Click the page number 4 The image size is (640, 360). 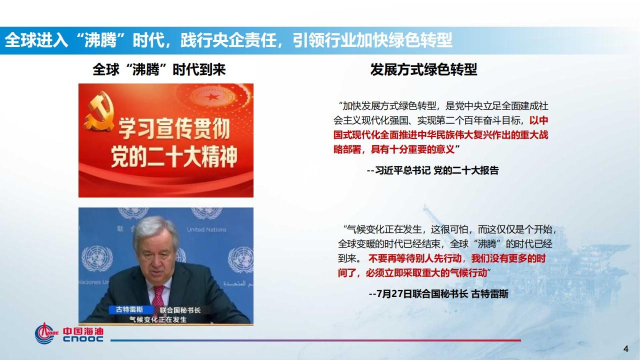tap(625, 349)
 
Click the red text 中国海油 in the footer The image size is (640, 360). tap(83, 331)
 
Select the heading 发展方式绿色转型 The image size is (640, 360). tap(423, 69)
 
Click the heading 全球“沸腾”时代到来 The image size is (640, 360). tap(159, 69)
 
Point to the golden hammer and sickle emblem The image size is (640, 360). tap(99, 111)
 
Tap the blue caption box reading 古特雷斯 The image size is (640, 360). tap(129, 309)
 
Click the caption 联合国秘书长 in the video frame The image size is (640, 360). tap(180, 310)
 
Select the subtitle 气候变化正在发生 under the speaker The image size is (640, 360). tap(158, 319)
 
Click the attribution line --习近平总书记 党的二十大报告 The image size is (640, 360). tap(433, 170)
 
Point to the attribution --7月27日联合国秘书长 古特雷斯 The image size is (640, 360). tap(438, 293)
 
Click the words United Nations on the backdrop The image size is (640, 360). tap(206, 229)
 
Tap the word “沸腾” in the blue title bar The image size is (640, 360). tap(100, 40)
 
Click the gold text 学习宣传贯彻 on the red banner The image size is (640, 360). tap(174, 129)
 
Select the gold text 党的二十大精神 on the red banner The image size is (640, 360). tap(174, 156)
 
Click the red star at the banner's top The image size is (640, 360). tap(211, 97)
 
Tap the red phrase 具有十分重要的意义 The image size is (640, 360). tap(412, 149)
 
